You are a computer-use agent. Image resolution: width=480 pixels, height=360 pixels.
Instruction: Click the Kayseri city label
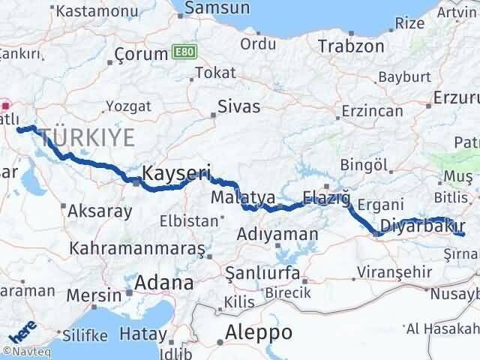(178, 172)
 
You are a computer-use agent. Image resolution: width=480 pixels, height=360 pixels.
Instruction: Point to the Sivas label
(239, 106)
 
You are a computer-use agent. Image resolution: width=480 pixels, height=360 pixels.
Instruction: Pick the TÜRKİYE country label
(88, 137)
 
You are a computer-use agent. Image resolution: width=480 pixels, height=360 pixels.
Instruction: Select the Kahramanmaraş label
(137, 247)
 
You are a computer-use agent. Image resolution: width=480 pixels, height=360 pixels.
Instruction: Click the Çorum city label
(141, 55)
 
